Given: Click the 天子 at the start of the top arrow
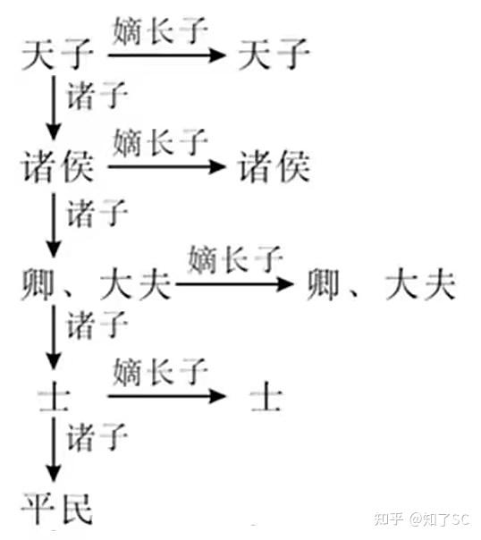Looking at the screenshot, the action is tap(57, 54).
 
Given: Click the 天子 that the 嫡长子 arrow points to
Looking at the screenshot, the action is tap(274, 54).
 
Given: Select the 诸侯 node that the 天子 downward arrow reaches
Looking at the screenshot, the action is tap(57, 166).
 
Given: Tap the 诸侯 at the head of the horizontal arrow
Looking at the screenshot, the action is tap(274, 166).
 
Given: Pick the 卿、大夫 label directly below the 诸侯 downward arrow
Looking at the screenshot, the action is tap(96, 284).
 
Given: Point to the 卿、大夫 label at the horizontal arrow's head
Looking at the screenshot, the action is tap(382, 284).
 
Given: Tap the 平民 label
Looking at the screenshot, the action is tap(57, 509).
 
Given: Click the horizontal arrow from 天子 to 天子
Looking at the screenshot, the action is tap(166, 55).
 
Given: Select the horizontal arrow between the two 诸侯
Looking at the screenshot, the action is tap(166, 167).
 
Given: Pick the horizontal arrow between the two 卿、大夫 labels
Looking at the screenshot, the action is tap(234, 284).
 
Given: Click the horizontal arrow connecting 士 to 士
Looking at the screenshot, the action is tap(166, 396).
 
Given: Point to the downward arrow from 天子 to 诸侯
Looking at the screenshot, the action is tap(54, 108).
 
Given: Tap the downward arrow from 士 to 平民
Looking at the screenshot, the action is tap(54, 450).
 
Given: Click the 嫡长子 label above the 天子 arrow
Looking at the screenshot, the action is tap(160, 31).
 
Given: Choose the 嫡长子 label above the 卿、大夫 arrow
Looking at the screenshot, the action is tap(235, 259).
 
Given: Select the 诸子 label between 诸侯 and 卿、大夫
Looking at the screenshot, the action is tap(97, 214).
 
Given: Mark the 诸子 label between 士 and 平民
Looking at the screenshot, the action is tap(97, 437).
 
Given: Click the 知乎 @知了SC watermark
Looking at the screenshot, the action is tap(422, 519).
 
